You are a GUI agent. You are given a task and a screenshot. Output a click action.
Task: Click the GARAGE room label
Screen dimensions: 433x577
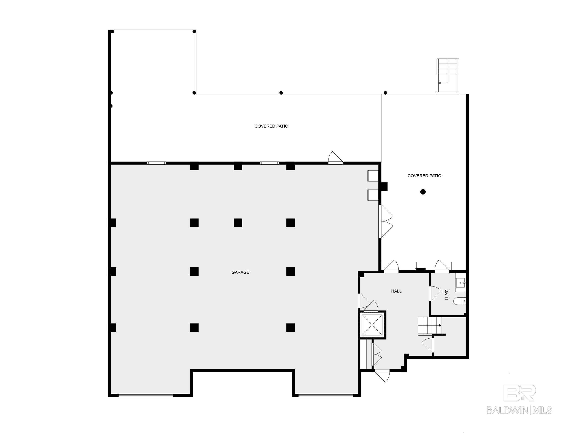[240, 272]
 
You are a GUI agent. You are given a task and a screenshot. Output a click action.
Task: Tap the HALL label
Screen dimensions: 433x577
[396, 291]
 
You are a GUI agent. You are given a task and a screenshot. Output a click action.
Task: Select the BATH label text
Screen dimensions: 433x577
[446, 295]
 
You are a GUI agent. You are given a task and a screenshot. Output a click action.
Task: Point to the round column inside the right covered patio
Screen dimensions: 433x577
[423, 192]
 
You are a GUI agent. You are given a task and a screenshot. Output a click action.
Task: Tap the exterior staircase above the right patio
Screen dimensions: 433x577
[448, 76]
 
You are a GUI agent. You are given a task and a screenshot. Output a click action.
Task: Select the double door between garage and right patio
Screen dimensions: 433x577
[385, 221]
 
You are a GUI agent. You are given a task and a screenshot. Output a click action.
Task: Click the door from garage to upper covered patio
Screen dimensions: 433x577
[335, 159]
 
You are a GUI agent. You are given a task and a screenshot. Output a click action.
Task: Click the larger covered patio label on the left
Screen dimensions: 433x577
[271, 126]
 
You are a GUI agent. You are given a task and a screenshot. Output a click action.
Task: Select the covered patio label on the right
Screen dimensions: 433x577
[424, 176]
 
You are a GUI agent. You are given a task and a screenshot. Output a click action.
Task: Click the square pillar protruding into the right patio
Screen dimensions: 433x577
[384, 187]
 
